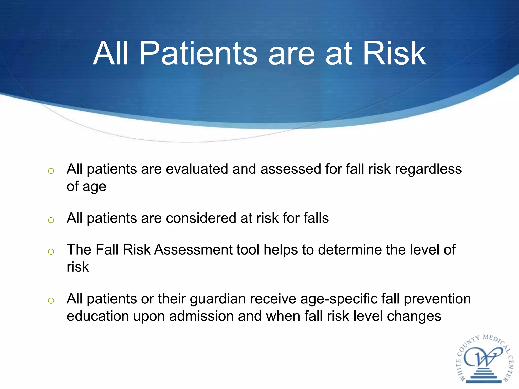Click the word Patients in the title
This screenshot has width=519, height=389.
coord(198,54)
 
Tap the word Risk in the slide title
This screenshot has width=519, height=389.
coord(394,54)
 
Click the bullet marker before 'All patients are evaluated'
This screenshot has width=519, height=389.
coord(51,171)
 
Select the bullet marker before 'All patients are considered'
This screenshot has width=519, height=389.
coord(51,220)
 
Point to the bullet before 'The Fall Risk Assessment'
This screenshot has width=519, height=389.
coord(51,251)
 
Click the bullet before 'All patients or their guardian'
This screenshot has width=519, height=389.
coord(51,301)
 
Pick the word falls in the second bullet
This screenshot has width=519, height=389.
coord(316,218)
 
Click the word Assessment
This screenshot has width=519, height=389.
coord(193,250)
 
